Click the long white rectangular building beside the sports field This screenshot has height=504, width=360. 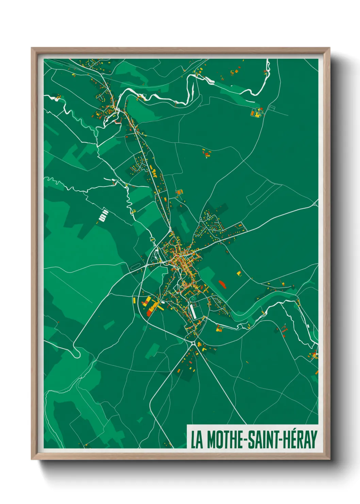click(194, 311)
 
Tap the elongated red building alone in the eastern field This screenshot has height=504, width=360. click(222, 284)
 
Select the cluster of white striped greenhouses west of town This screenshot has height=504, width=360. click(103, 216)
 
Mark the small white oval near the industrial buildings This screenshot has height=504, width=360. click(162, 302)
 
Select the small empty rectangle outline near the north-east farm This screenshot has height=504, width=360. click(272, 108)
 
